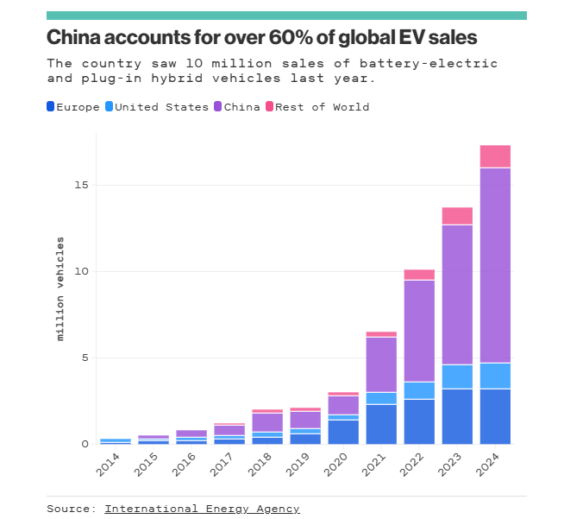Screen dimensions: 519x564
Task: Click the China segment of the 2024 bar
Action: tap(495, 264)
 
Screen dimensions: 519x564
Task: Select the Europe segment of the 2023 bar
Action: tap(457, 416)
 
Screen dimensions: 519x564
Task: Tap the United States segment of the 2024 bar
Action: tap(495, 376)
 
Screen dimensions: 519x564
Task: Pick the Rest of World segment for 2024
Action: tap(495, 156)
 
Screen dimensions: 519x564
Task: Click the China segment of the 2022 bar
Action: tap(419, 331)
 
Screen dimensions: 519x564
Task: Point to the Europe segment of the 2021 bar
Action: tap(381, 424)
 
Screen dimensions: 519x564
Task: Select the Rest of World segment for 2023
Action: tap(457, 216)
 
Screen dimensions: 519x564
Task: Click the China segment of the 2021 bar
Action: tap(381, 364)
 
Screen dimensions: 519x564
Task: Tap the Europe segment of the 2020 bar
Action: tap(343, 432)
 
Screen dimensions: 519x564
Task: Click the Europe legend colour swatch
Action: tap(51, 107)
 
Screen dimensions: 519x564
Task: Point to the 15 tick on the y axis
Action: tap(81, 185)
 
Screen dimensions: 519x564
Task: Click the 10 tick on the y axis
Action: tap(81, 271)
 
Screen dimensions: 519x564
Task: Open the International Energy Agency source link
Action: tap(202, 509)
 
